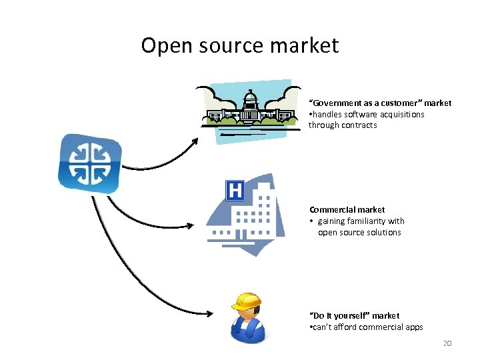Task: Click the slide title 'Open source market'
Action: (240, 45)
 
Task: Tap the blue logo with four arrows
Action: (89, 163)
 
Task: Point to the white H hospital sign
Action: (235, 191)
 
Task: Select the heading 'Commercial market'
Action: (347, 210)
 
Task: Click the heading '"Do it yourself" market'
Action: (354, 315)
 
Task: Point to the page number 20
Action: (447, 343)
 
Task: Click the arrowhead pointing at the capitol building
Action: (195, 141)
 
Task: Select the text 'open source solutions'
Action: (359, 233)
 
